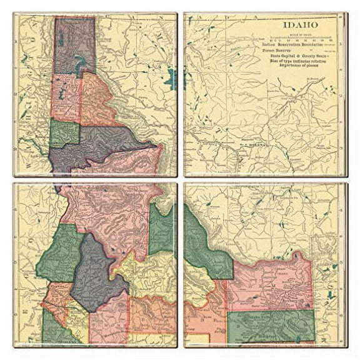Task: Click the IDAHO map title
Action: (x=300, y=25)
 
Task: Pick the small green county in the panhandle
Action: (x=64, y=133)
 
